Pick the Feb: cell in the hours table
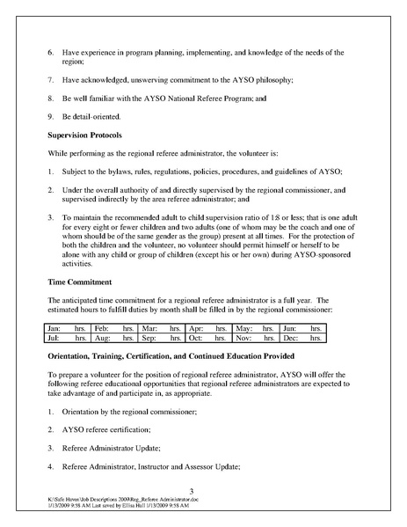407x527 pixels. click(x=103, y=328)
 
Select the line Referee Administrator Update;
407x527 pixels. click(x=113, y=447)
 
